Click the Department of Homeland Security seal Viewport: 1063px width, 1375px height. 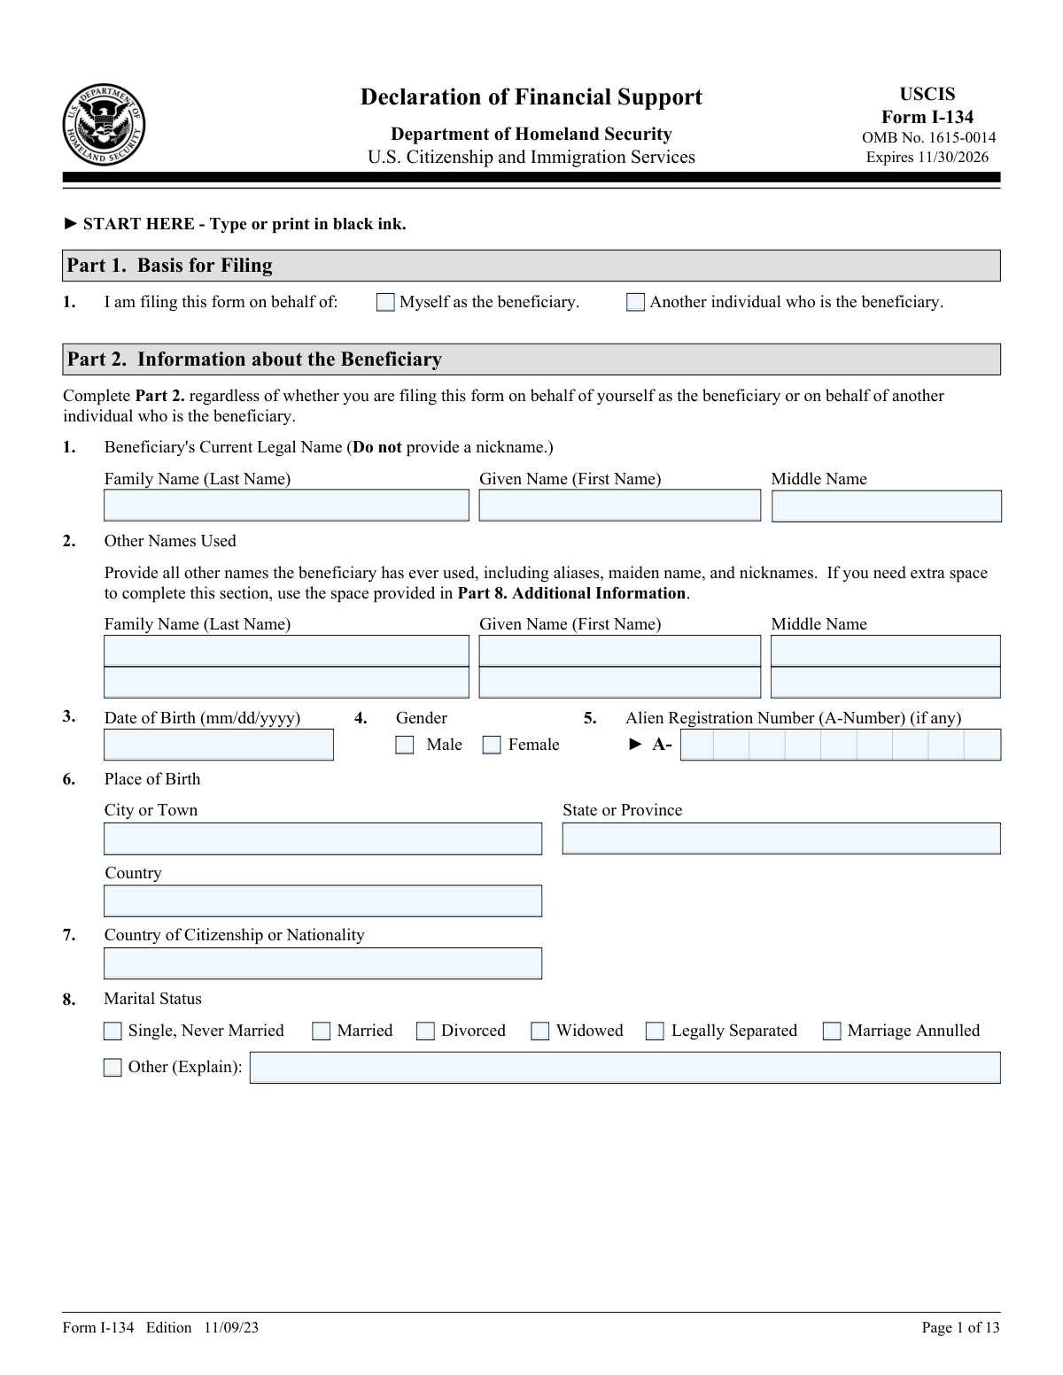click(104, 124)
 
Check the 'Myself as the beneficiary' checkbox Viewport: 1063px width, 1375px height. click(385, 303)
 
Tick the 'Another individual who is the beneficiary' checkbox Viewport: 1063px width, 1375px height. click(635, 303)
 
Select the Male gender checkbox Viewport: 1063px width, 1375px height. click(405, 745)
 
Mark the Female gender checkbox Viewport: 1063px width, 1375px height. click(492, 745)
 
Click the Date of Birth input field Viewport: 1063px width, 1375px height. click(219, 745)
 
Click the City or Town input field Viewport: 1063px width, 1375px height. click(322, 838)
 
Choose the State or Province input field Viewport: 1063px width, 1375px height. click(780, 838)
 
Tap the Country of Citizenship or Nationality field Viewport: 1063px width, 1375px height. click(322, 963)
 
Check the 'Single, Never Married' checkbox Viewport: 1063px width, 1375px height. click(113, 1031)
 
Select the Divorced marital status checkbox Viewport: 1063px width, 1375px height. click(425, 1031)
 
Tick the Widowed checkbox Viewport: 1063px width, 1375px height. click(540, 1031)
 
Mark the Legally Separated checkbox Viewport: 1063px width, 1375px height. click(655, 1031)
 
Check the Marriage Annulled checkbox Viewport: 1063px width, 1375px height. click(832, 1031)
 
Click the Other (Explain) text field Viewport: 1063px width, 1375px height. click(625, 1068)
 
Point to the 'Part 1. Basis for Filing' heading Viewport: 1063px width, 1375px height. click(170, 266)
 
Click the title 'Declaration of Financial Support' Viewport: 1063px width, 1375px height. click(531, 97)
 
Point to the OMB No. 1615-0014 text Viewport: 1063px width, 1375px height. click(928, 138)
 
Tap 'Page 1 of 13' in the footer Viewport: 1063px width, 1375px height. click(960, 1327)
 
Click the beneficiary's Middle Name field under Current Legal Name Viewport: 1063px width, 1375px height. click(886, 506)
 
